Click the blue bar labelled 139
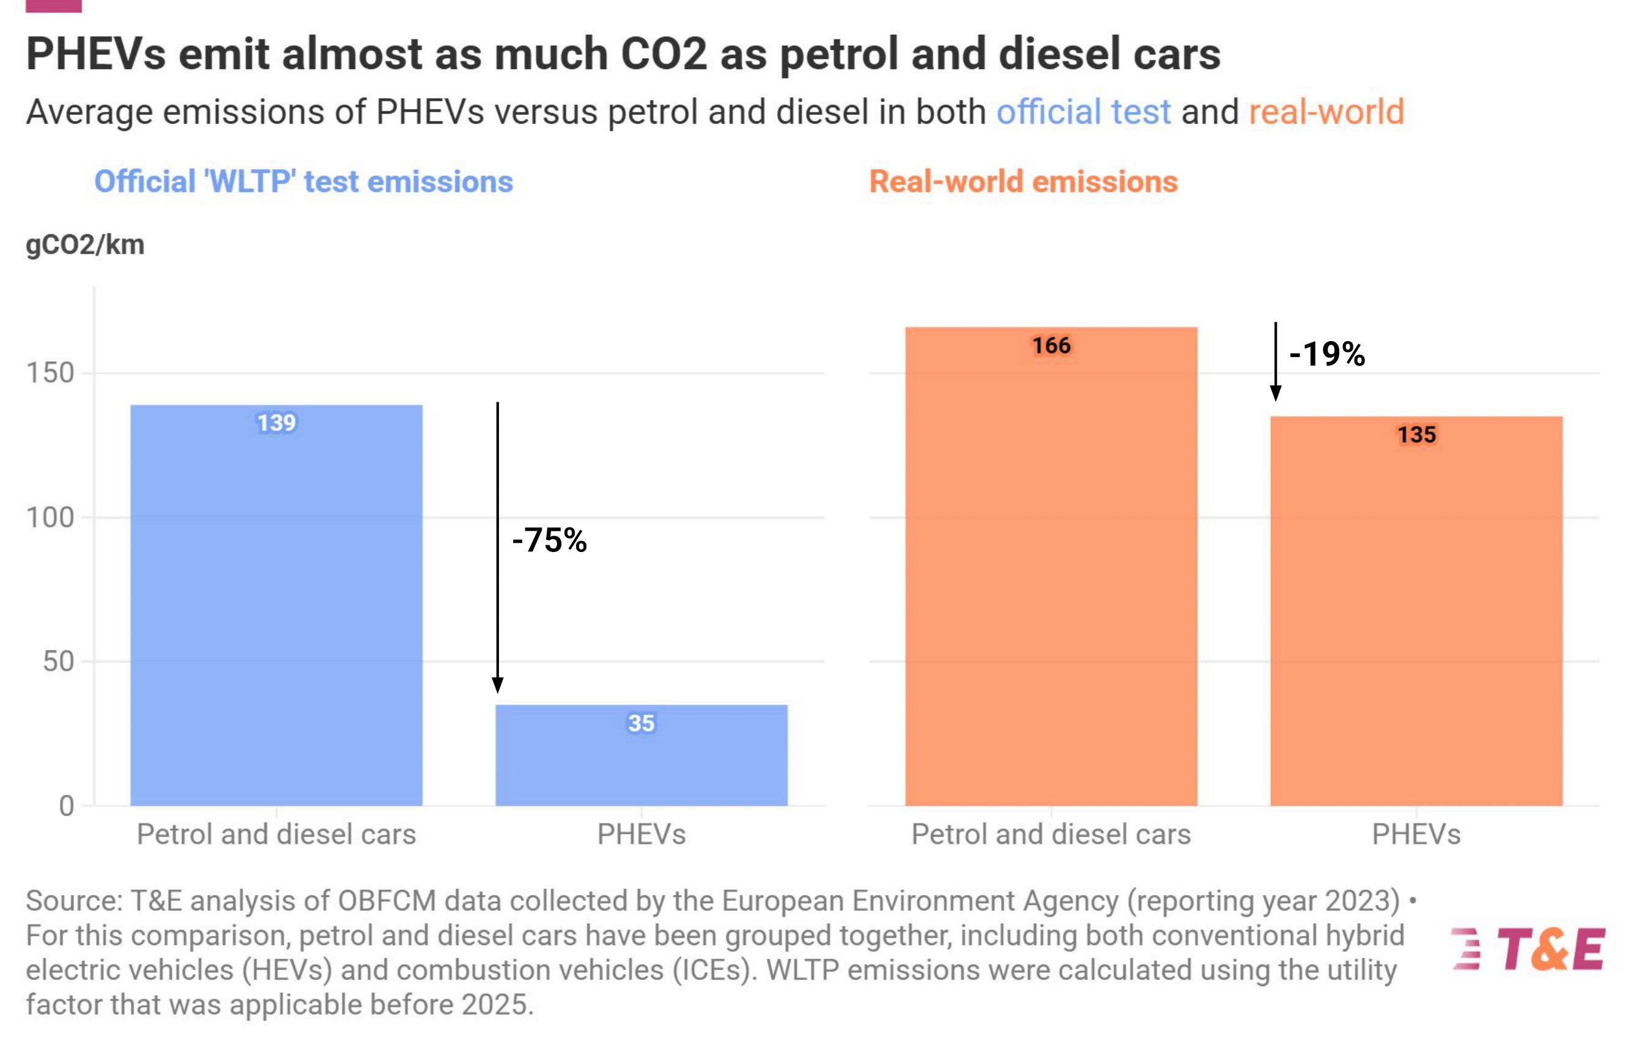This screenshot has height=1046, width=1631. (x=276, y=605)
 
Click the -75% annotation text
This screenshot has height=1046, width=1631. (x=549, y=540)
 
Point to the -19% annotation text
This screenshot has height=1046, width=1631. (x=1326, y=354)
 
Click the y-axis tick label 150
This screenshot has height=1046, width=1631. (x=50, y=373)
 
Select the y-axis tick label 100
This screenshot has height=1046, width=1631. (x=50, y=518)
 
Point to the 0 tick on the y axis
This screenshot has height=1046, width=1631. (x=67, y=806)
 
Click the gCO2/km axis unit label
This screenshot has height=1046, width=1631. (x=85, y=245)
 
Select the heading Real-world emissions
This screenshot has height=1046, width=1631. (x=1023, y=182)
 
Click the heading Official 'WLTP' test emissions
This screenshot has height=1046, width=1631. (x=303, y=182)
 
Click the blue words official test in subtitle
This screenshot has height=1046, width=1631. (x=1083, y=112)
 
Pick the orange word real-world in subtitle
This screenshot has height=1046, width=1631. (x=1326, y=112)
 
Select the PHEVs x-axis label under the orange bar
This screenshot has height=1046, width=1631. (x=1416, y=834)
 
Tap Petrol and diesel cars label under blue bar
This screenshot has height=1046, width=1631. (x=276, y=834)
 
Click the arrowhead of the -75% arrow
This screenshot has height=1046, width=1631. (x=497, y=685)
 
